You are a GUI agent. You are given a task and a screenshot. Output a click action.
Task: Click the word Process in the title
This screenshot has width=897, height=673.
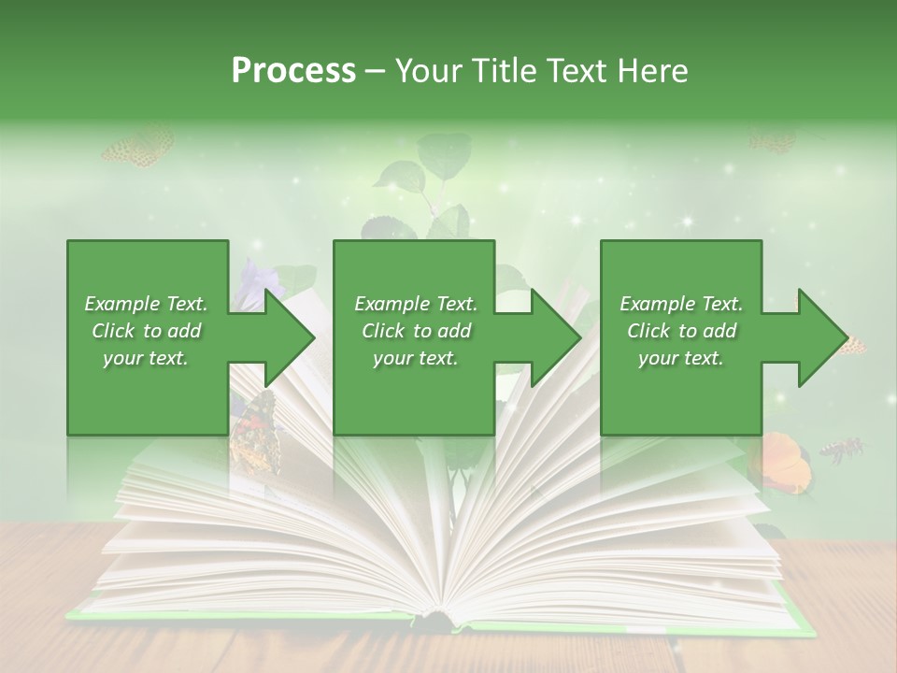click(x=293, y=71)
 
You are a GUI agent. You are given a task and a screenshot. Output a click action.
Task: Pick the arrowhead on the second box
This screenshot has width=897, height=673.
click(x=555, y=337)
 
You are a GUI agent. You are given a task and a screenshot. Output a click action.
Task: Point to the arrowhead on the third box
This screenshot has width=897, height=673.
click(x=822, y=337)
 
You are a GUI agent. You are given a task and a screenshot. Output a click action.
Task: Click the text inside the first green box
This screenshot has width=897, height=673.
click(x=146, y=330)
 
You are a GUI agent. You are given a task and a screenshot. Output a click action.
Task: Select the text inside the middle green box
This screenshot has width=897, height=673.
click(x=415, y=330)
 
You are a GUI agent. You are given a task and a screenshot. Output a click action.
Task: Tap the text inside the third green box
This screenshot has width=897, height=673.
click(x=681, y=330)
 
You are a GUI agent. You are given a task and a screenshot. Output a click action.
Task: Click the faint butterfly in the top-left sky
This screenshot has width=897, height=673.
click(x=138, y=148)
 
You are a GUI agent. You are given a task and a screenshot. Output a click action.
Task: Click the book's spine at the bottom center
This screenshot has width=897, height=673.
click(x=439, y=618)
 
